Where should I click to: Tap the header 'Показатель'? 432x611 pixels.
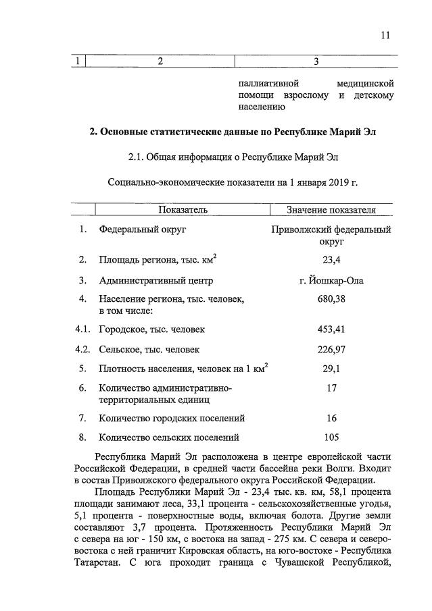(x=183, y=210)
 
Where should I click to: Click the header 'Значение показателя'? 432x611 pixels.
(x=331, y=210)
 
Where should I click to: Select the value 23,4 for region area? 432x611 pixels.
(x=331, y=259)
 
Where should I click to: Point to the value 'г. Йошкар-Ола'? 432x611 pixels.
(x=331, y=280)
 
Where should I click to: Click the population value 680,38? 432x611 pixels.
(x=331, y=298)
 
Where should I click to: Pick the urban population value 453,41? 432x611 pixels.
(x=331, y=329)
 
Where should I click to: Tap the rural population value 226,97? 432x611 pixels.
(x=331, y=350)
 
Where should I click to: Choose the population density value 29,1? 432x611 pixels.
(x=331, y=369)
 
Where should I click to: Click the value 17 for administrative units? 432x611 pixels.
(x=331, y=388)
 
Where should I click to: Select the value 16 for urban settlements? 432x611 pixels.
(x=331, y=419)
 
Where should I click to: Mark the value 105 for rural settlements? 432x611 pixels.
(x=331, y=437)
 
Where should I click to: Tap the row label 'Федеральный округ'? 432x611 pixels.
(x=143, y=230)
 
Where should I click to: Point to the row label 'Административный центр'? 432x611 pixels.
(x=155, y=280)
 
